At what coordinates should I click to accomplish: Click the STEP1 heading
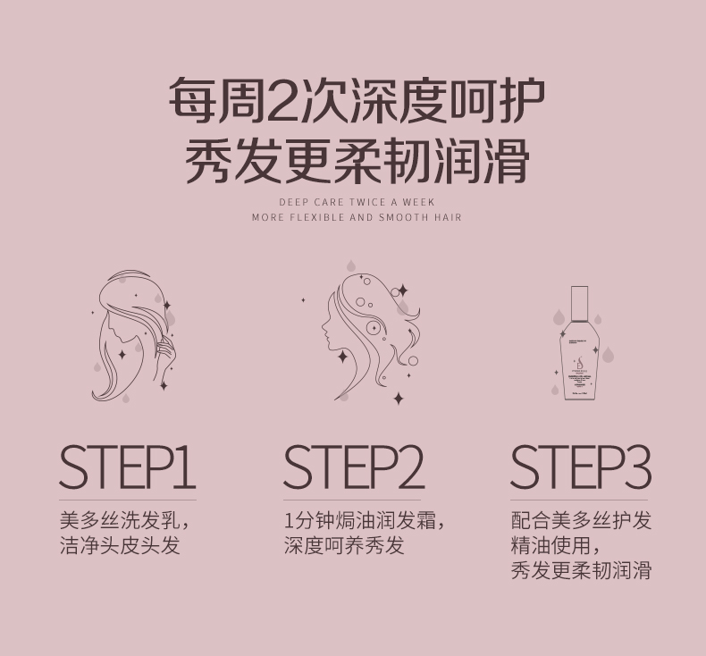pyautogui.click(x=128, y=467)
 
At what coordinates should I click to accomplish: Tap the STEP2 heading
pyautogui.click(x=354, y=467)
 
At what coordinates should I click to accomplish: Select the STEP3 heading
pyautogui.click(x=581, y=467)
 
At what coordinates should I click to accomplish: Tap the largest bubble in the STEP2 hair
pyautogui.click(x=373, y=327)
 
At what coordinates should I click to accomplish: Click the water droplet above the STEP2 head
pyautogui.click(x=351, y=266)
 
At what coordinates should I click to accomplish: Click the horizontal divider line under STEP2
pyautogui.click(x=352, y=500)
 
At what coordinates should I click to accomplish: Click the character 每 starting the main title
pyautogui.click(x=192, y=100)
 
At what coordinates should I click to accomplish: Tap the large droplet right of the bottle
pyautogui.click(x=609, y=355)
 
